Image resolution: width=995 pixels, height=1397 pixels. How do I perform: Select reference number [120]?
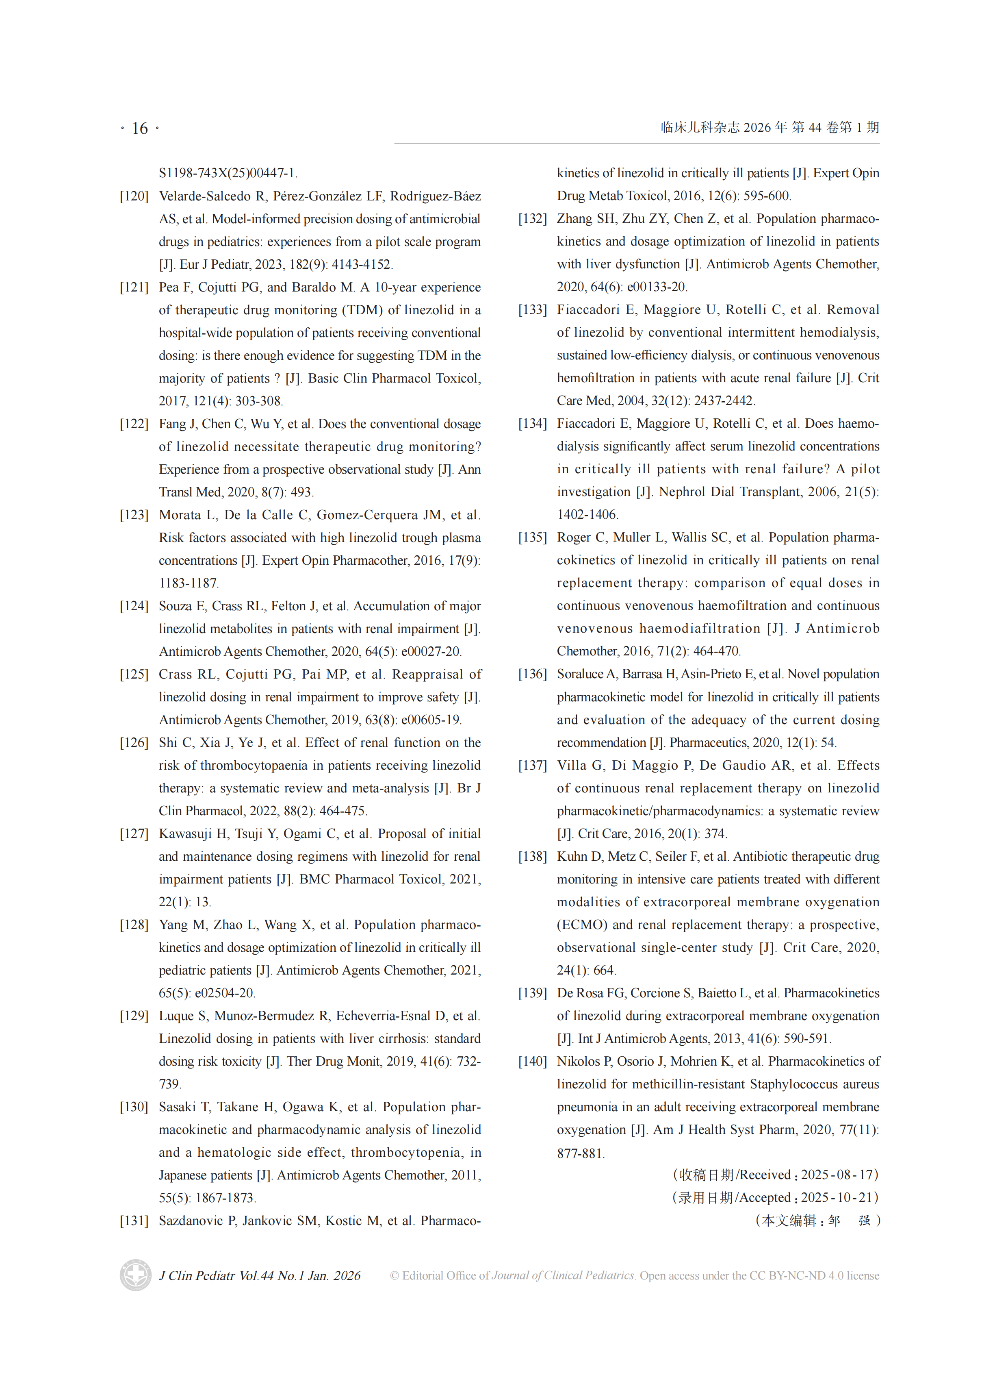pyautogui.click(x=134, y=196)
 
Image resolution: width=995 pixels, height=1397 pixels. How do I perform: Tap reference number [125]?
pyautogui.click(x=134, y=674)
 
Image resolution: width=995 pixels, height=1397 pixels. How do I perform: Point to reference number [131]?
pyautogui.click(x=134, y=1221)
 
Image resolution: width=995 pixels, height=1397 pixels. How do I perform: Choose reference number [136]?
pyautogui.click(x=532, y=674)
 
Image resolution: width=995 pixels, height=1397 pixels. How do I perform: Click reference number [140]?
pyautogui.click(x=532, y=1061)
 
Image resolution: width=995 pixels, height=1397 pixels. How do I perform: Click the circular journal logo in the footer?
pyautogui.click(x=135, y=1275)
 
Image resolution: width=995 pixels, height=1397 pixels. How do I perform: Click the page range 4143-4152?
pyautogui.click(x=360, y=264)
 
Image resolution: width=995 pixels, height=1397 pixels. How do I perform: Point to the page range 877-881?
pyautogui.click(x=580, y=1153)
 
